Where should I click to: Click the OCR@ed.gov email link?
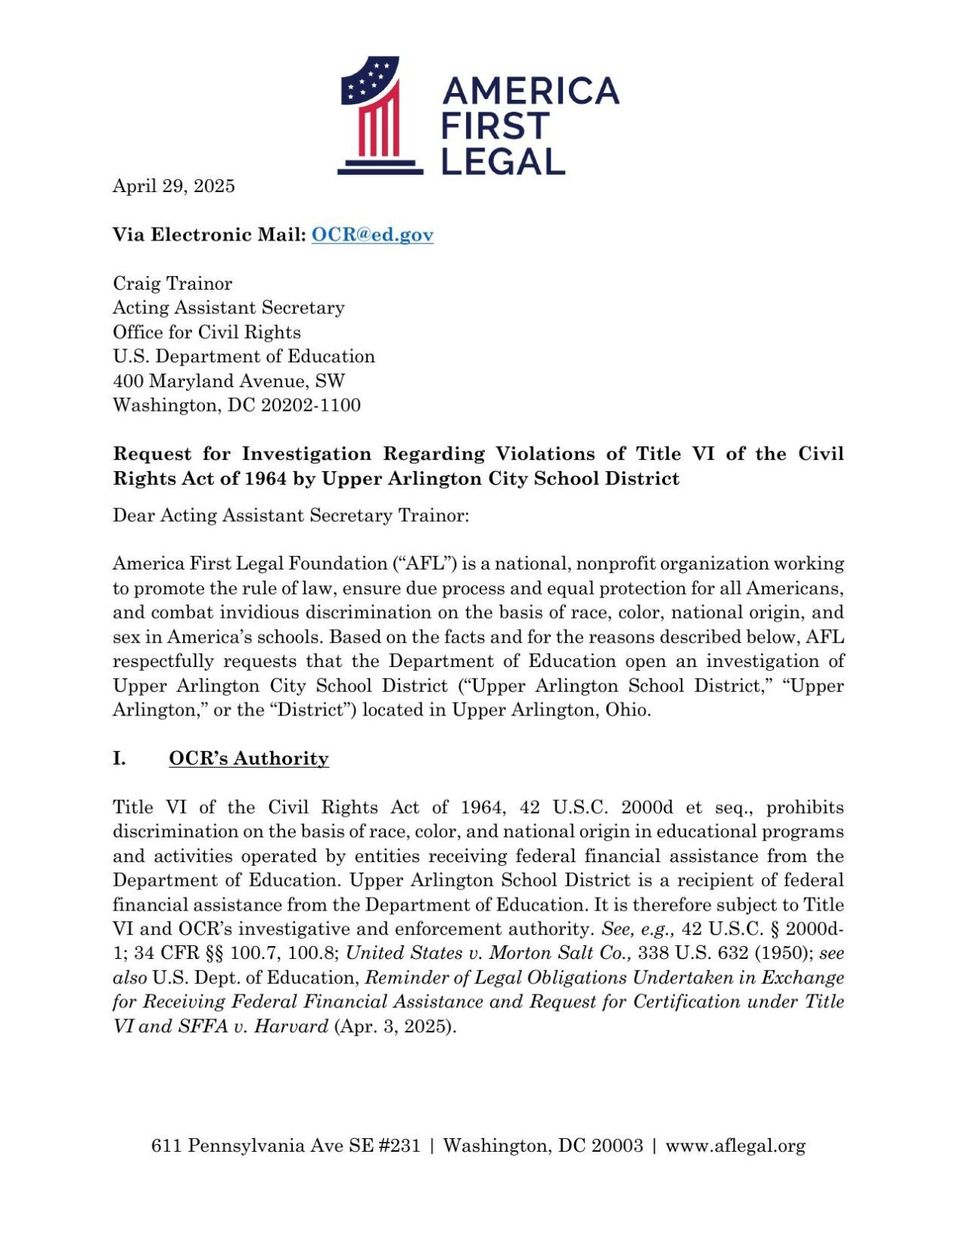(372, 234)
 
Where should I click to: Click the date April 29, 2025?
(173, 186)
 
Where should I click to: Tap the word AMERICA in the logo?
(530, 92)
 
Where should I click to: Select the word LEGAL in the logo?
(503, 161)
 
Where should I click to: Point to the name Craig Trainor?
(172, 284)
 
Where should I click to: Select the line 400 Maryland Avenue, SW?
(228, 381)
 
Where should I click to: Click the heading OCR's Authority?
(248, 759)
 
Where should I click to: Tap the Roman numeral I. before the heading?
(120, 759)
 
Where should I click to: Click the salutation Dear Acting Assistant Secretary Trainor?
(291, 516)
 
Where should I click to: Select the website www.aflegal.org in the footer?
(735, 1146)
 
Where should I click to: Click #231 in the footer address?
(398, 1146)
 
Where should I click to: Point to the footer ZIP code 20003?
(617, 1146)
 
